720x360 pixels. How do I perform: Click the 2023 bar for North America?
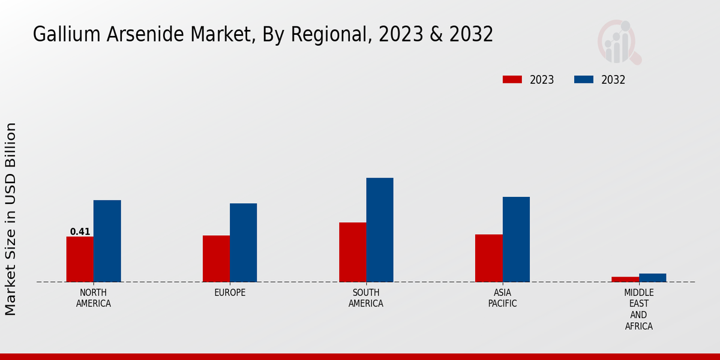click(x=80, y=259)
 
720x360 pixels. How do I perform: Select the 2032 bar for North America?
click(x=107, y=241)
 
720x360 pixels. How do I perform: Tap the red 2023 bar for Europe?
click(x=216, y=259)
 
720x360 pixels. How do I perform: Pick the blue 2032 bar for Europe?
click(x=243, y=242)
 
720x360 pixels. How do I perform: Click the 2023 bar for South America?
click(x=352, y=252)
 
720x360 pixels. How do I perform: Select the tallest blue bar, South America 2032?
click(x=380, y=230)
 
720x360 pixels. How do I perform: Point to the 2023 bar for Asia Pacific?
click(x=488, y=258)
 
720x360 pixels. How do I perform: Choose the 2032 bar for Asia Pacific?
click(x=516, y=239)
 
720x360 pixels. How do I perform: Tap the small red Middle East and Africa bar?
click(x=625, y=279)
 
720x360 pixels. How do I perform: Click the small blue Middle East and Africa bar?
click(x=652, y=278)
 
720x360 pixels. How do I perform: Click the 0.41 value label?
click(x=80, y=232)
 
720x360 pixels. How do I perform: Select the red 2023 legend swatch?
click(x=512, y=80)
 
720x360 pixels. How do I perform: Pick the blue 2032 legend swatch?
click(x=584, y=80)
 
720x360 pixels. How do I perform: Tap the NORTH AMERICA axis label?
click(x=93, y=298)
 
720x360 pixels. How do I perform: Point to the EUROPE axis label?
click(x=230, y=292)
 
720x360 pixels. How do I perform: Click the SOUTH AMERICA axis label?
click(x=366, y=298)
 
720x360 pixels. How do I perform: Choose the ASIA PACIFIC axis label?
click(x=502, y=298)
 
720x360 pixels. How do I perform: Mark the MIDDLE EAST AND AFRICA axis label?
click(x=638, y=309)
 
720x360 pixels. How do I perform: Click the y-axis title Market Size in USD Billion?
click(x=11, y=219)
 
